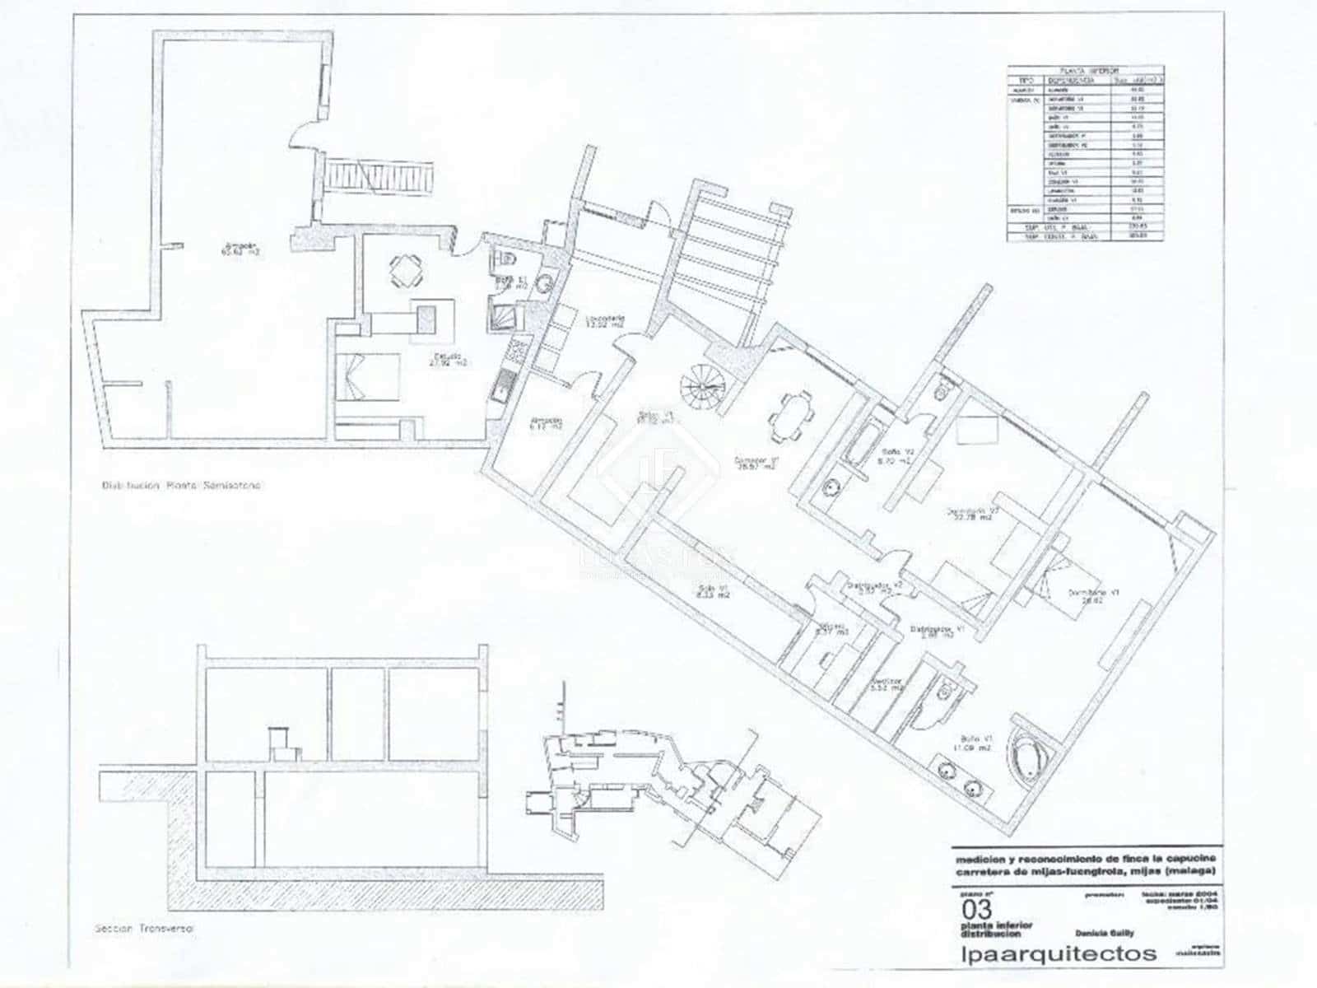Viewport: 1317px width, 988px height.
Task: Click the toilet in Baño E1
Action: click(x=505, y=259)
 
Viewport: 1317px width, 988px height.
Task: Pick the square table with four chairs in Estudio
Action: click(x=404, y=269)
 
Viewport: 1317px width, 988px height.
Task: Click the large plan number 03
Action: click(x=976, y=910)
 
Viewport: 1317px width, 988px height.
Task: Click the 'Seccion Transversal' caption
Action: click(x=144, y=929)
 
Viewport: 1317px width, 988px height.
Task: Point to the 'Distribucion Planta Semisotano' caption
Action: click(x=181, y=486)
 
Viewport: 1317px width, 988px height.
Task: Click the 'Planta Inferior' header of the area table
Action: click(x=1084, y=72)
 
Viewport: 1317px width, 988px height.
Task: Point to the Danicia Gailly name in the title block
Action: click(x=1104, y=933)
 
